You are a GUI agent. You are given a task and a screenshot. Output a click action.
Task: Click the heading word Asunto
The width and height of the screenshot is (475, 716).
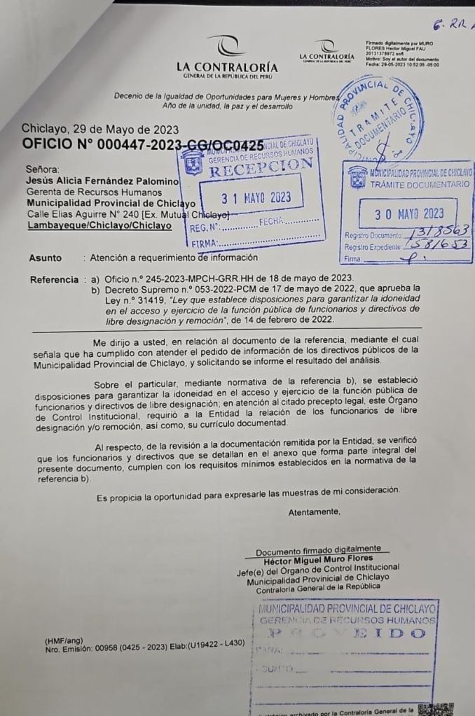45,258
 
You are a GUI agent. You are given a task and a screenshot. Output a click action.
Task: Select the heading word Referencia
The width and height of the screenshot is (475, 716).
54,280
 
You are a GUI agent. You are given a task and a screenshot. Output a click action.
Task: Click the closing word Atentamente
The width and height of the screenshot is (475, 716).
314,512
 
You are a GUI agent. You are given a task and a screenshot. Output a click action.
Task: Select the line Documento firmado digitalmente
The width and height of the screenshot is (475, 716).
318,552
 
